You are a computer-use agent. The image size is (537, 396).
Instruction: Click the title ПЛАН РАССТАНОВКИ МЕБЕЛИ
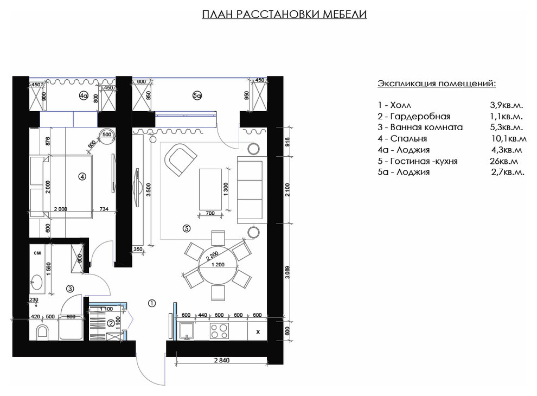(x=284, y=14)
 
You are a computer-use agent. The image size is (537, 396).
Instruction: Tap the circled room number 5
(x=187, y=228)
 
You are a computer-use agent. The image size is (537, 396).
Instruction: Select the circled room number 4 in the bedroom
(x=82, y=177)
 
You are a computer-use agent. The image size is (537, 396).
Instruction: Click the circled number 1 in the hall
(x=152, y=303)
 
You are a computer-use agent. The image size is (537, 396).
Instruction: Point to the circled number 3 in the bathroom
(x=70, y=289)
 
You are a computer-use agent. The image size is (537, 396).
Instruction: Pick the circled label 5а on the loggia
(x=197, y=96)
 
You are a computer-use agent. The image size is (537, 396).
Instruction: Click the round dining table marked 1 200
(x=218, y=265)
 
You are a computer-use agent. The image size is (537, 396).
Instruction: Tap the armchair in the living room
(x=180, y=159)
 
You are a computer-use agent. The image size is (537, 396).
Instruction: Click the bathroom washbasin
(x=37, y=283)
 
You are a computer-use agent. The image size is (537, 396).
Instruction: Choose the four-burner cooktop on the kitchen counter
(x=219, y=331)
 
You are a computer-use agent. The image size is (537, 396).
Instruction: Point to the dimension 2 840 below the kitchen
(x=222, y=360)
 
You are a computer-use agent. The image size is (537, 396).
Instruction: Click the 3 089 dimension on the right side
(x=287, y=272)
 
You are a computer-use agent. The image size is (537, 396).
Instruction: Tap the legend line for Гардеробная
(x=414, y=116)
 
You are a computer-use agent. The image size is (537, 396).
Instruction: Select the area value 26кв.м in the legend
(x=504, y=161)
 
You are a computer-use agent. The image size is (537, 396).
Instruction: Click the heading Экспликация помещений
(x=437, y=83)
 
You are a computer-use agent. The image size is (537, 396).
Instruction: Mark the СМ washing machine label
(x=37, y=253)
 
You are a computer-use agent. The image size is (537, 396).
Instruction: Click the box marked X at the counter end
(x=258, y=331)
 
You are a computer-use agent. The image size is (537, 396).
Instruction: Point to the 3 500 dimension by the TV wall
(x=148, y=190)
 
